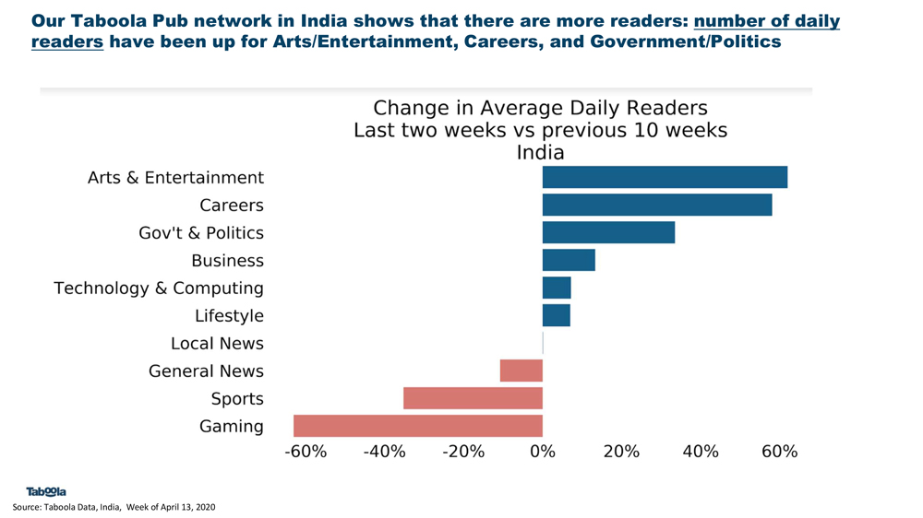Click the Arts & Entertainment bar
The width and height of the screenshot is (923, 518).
(665, 177)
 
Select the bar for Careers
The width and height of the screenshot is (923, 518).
(657, 205)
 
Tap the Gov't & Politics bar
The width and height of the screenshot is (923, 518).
(608, 232)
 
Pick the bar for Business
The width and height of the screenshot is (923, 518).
(569, 260)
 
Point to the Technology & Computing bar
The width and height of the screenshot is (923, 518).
(557, 288)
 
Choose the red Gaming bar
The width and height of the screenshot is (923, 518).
(418, 426)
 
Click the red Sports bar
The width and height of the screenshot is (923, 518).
(473, 398)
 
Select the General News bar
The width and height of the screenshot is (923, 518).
(521, 371)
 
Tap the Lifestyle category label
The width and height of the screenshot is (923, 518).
(229, 316)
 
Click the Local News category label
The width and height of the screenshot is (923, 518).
(217, 344)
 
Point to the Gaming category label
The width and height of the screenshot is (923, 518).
(231, 427)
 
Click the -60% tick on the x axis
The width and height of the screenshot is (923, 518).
(306, 452)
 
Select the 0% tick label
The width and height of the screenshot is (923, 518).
(543, 452)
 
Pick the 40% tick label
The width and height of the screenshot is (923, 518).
(701, 452)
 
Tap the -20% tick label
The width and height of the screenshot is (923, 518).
(463, 452)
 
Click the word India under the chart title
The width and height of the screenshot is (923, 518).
(540, 152)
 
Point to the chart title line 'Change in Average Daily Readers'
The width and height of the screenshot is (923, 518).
(540, 109)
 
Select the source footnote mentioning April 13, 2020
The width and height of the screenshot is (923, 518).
(114, 507)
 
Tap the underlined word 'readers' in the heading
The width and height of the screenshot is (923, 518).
(66, 41)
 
